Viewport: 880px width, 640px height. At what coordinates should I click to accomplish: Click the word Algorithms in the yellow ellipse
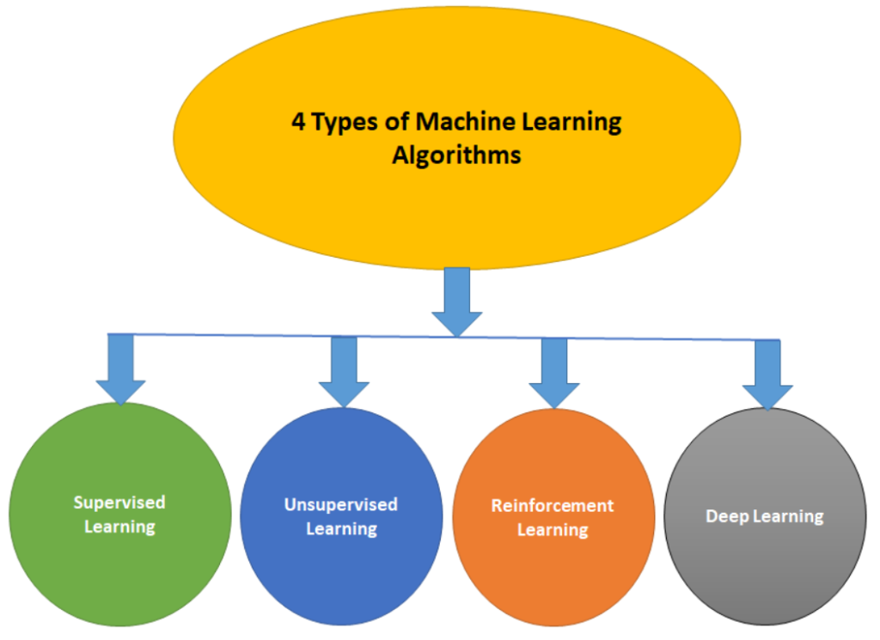[456, 155]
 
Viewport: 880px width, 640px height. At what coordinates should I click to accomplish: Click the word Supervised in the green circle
[119, 503]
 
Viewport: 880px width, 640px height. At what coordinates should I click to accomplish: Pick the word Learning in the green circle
[119, 526]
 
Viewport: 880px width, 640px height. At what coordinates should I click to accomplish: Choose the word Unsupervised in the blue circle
[341, 504]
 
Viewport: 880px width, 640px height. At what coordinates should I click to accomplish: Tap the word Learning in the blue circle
[341, 528]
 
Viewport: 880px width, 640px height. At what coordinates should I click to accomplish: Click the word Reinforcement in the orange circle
[553, 505]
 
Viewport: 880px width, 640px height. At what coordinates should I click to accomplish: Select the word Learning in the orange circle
[553, 529]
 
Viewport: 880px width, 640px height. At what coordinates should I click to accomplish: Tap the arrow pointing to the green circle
[120, 369]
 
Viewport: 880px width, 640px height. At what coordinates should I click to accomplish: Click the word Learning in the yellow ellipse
[571, 122]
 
